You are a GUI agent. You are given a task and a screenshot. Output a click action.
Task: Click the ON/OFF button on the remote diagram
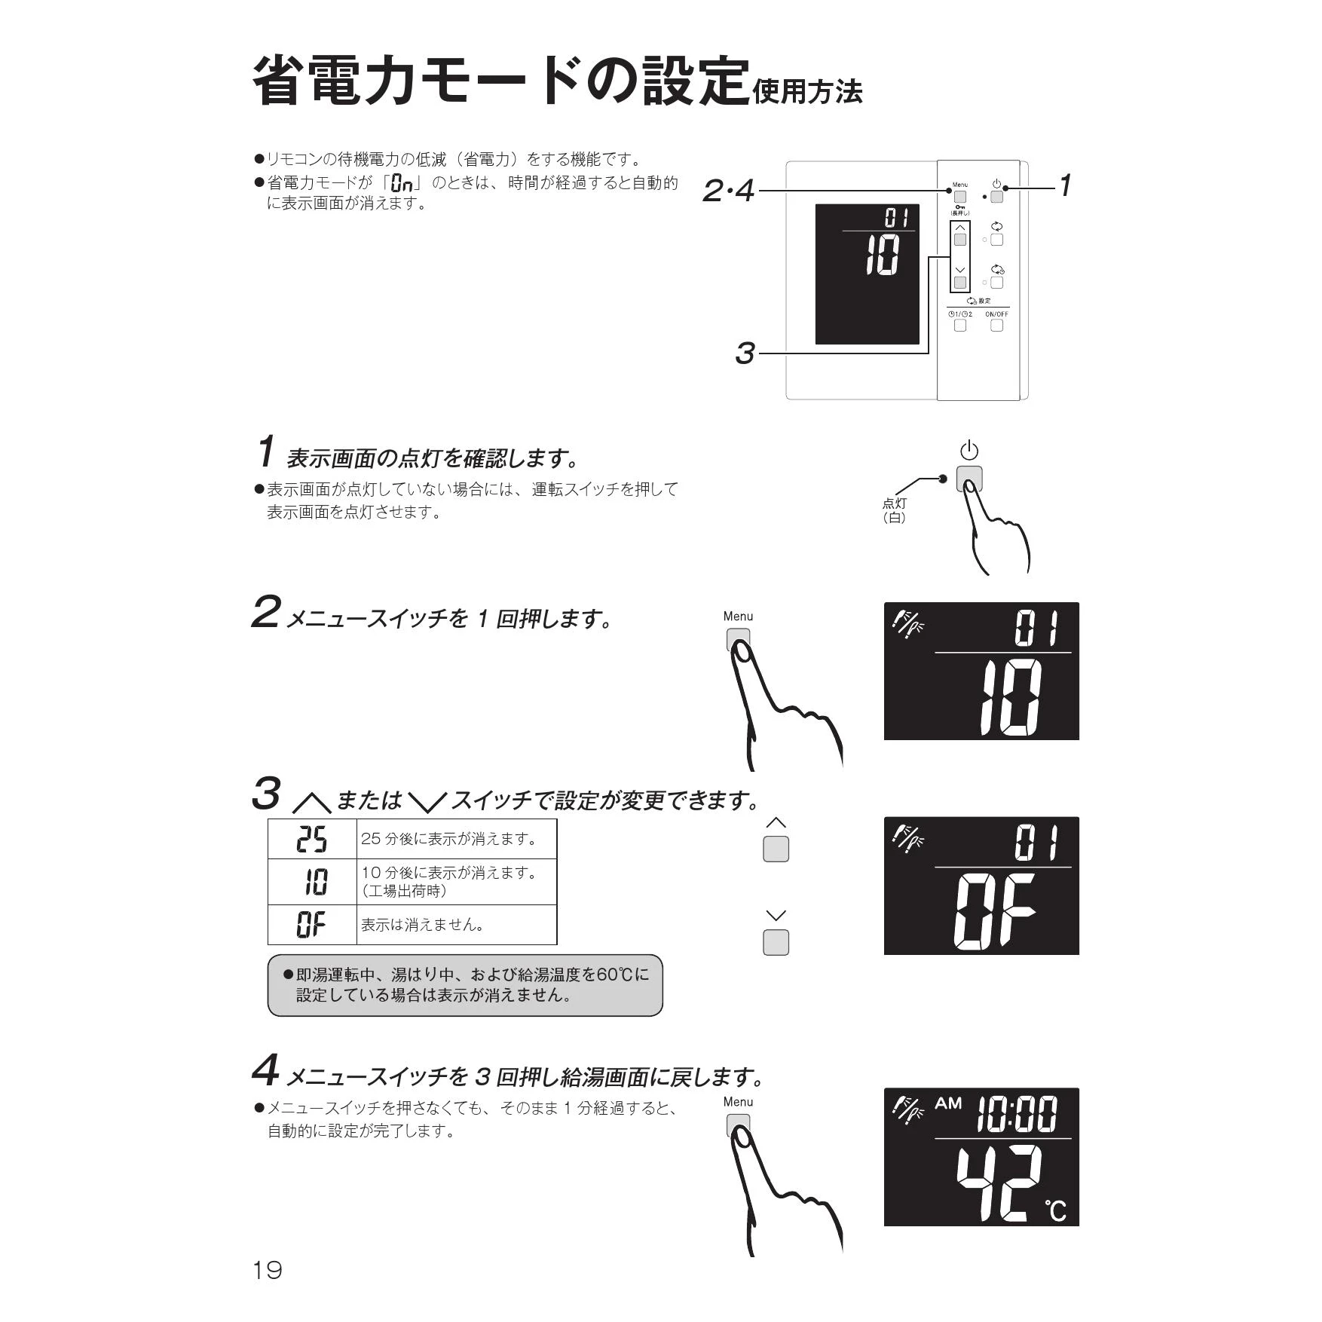(996, 326)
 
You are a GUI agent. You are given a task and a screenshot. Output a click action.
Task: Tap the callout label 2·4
(728, 191)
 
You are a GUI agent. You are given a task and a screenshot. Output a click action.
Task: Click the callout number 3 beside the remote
(745, 353)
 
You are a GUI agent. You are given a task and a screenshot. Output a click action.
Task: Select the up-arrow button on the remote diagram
(959, 240)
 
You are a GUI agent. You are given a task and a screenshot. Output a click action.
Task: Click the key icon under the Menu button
(959, 207)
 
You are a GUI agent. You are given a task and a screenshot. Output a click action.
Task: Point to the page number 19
(268, 1270)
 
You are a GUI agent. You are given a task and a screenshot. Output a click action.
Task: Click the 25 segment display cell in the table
(312, 839)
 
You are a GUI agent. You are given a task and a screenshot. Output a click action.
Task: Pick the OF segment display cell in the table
(312, 925)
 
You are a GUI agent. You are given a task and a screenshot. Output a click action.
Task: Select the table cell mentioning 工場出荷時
(457, 882)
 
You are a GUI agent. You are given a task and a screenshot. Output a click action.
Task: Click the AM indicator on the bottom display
(948, 1103)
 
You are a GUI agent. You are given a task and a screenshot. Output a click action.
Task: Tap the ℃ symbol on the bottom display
(1055, 1210)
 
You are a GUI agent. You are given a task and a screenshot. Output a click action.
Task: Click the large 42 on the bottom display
(999, 1184)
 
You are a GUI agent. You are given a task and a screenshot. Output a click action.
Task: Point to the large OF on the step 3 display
(995, 910)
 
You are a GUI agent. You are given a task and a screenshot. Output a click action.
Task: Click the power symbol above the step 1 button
(969, 451)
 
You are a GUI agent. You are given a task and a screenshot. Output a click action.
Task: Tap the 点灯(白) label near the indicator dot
(895, 510)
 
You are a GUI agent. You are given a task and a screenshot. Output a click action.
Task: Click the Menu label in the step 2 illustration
(738, 617)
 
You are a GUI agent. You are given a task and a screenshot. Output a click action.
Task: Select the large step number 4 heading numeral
(265, 1070)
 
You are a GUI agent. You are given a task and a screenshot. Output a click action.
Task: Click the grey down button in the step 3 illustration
(776, 942)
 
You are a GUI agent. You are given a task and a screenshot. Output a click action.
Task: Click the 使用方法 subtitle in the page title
(807, 92)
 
